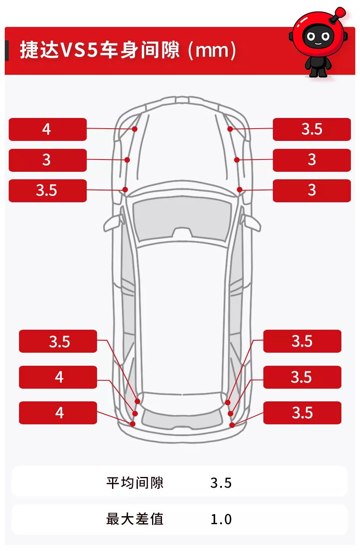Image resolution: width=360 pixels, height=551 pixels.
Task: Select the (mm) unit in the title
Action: [212, 50]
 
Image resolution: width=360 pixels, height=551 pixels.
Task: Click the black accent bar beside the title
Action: [7, 50]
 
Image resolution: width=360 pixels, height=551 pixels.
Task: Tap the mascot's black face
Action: [318, 36]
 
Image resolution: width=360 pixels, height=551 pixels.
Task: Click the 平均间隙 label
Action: [135, 483]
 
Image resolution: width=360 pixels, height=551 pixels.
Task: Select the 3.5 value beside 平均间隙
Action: [221, 483]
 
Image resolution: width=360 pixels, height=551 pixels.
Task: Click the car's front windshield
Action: [182, 219]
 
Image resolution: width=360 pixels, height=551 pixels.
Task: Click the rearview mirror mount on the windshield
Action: [182, 233]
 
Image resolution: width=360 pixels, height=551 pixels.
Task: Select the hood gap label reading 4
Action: [48, 129]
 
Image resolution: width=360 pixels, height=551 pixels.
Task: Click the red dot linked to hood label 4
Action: [135, 129]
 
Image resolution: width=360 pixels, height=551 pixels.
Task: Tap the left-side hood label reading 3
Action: [48, 160]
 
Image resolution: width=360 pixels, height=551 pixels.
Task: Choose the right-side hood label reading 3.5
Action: [312, 129]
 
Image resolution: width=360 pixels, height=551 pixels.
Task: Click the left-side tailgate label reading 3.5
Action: [58, 341]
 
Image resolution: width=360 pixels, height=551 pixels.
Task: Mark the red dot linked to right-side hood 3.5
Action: [230, 129]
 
